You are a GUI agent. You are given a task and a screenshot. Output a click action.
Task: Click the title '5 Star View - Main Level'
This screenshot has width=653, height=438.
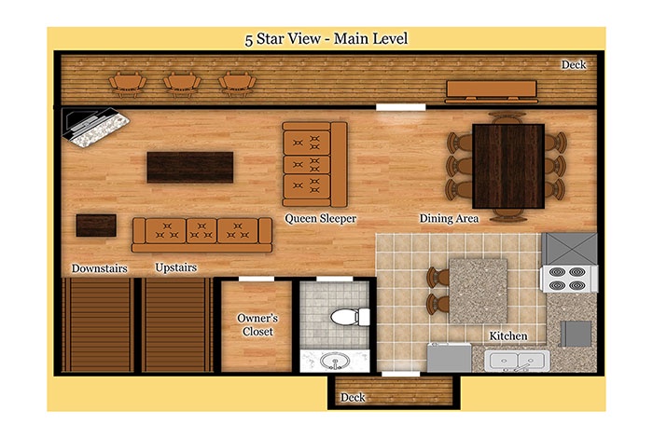pos(326,39)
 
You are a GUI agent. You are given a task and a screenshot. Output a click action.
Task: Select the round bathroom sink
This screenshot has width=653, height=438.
pos(334,361)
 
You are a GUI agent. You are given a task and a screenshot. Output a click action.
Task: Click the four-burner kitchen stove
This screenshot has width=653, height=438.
pos(569,279)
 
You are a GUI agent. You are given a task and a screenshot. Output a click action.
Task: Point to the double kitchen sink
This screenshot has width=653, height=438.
pos(517,361)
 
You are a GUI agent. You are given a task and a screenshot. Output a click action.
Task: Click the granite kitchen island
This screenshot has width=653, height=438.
pos(478,291)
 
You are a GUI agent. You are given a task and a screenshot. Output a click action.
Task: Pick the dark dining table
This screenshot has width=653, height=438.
pos(508,166)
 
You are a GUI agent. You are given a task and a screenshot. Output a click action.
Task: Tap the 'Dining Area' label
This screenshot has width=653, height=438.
pos(449,218)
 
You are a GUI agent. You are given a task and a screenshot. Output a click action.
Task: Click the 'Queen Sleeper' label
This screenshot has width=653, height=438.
pos(320,218)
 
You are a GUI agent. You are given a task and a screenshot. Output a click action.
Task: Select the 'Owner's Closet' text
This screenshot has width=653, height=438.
pos(257,325)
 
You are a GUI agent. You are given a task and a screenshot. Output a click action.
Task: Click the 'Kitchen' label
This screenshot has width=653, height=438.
pos(508,335)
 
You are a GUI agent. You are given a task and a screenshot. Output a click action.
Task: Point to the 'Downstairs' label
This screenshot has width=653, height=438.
pos(99,268)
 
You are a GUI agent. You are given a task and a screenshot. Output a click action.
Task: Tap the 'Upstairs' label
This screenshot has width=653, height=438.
pos(175,267)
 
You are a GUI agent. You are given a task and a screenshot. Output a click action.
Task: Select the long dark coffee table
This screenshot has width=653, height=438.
pos(190,167)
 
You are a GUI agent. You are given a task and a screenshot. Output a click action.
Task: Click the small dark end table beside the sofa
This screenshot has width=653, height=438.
pos(96,226)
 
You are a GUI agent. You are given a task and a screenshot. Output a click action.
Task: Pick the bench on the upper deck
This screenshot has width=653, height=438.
pos(492,91)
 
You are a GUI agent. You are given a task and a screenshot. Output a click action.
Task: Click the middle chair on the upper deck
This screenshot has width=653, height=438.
pos(182,84)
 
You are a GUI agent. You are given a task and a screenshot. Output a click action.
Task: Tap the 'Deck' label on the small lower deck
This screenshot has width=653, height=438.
pos(353,398)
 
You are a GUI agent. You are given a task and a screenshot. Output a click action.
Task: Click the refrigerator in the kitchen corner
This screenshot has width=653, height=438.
pos(569,248)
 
